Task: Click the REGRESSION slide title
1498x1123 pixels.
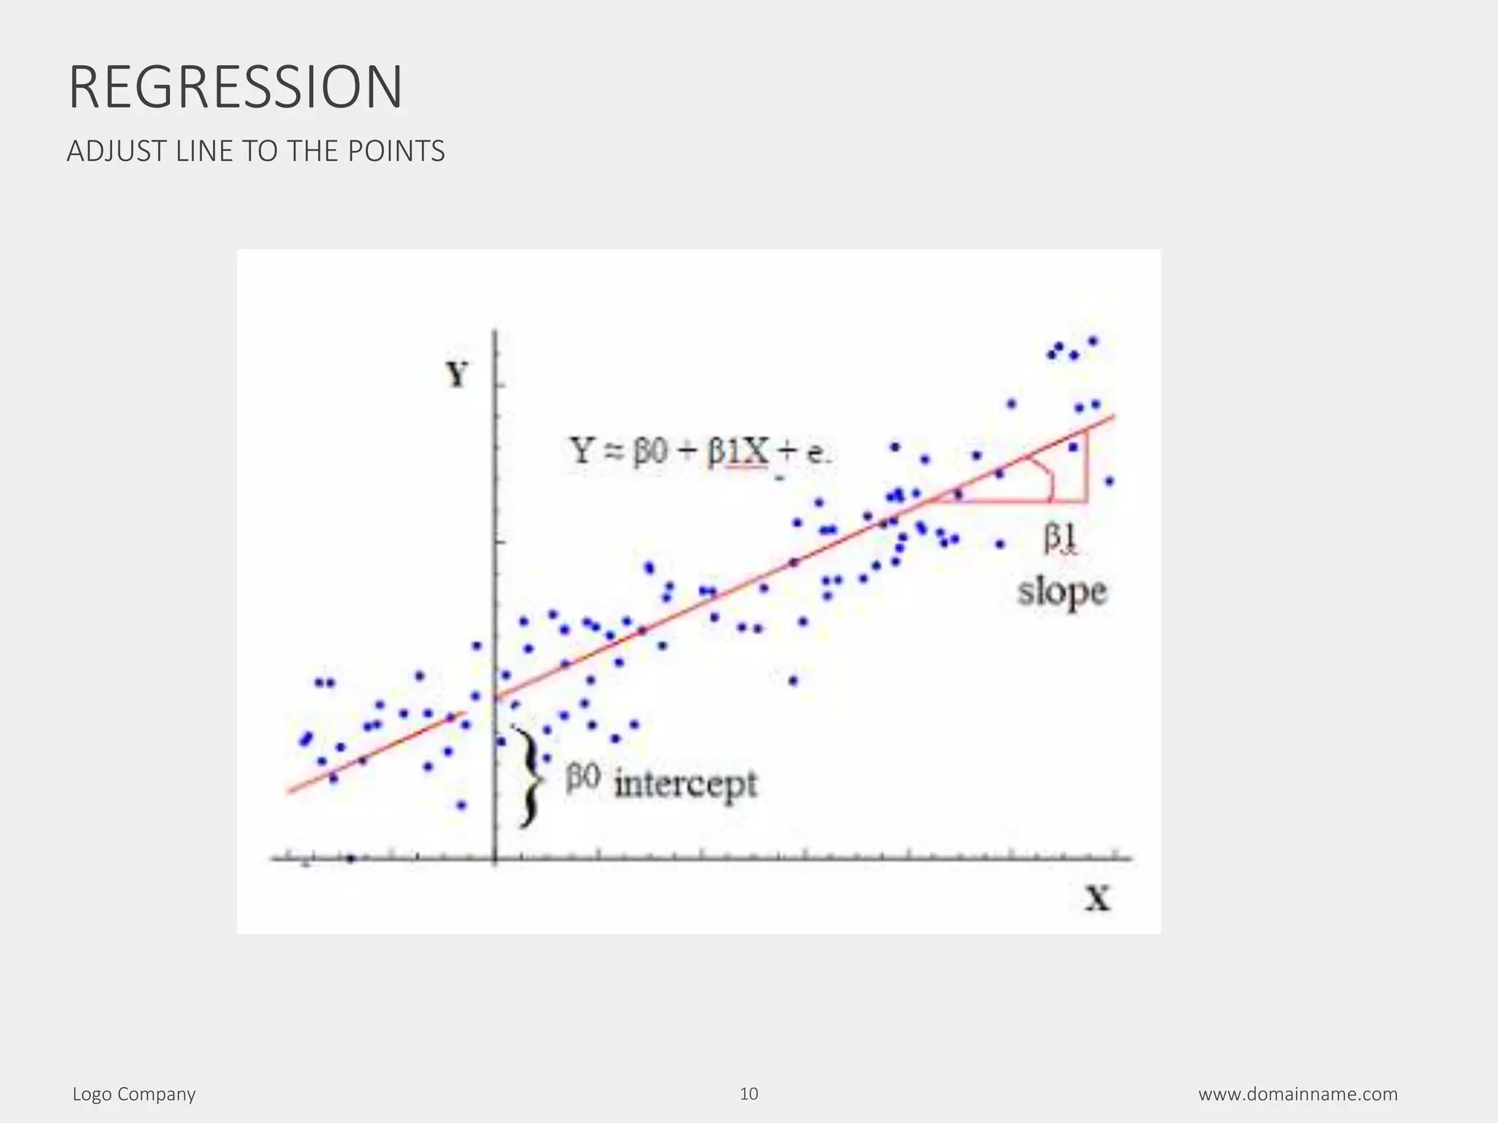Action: tap(235, 88)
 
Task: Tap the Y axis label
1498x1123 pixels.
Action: tap(457, 375)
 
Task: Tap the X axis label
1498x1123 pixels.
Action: tap(1097, 898)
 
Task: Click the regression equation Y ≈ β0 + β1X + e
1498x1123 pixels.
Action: tap(699, 452)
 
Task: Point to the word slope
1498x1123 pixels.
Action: tap(1062, 591)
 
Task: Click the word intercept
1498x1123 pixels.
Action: tap(685, 784)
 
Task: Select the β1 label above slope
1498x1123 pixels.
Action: tap(1060, 539)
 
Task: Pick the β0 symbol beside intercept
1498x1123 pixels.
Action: tap(583, 779)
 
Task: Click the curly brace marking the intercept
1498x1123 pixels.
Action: tap(528, 777)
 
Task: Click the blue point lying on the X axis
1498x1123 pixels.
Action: tap(350, 858)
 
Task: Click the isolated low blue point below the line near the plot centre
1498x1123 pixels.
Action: tap(794, 681)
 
